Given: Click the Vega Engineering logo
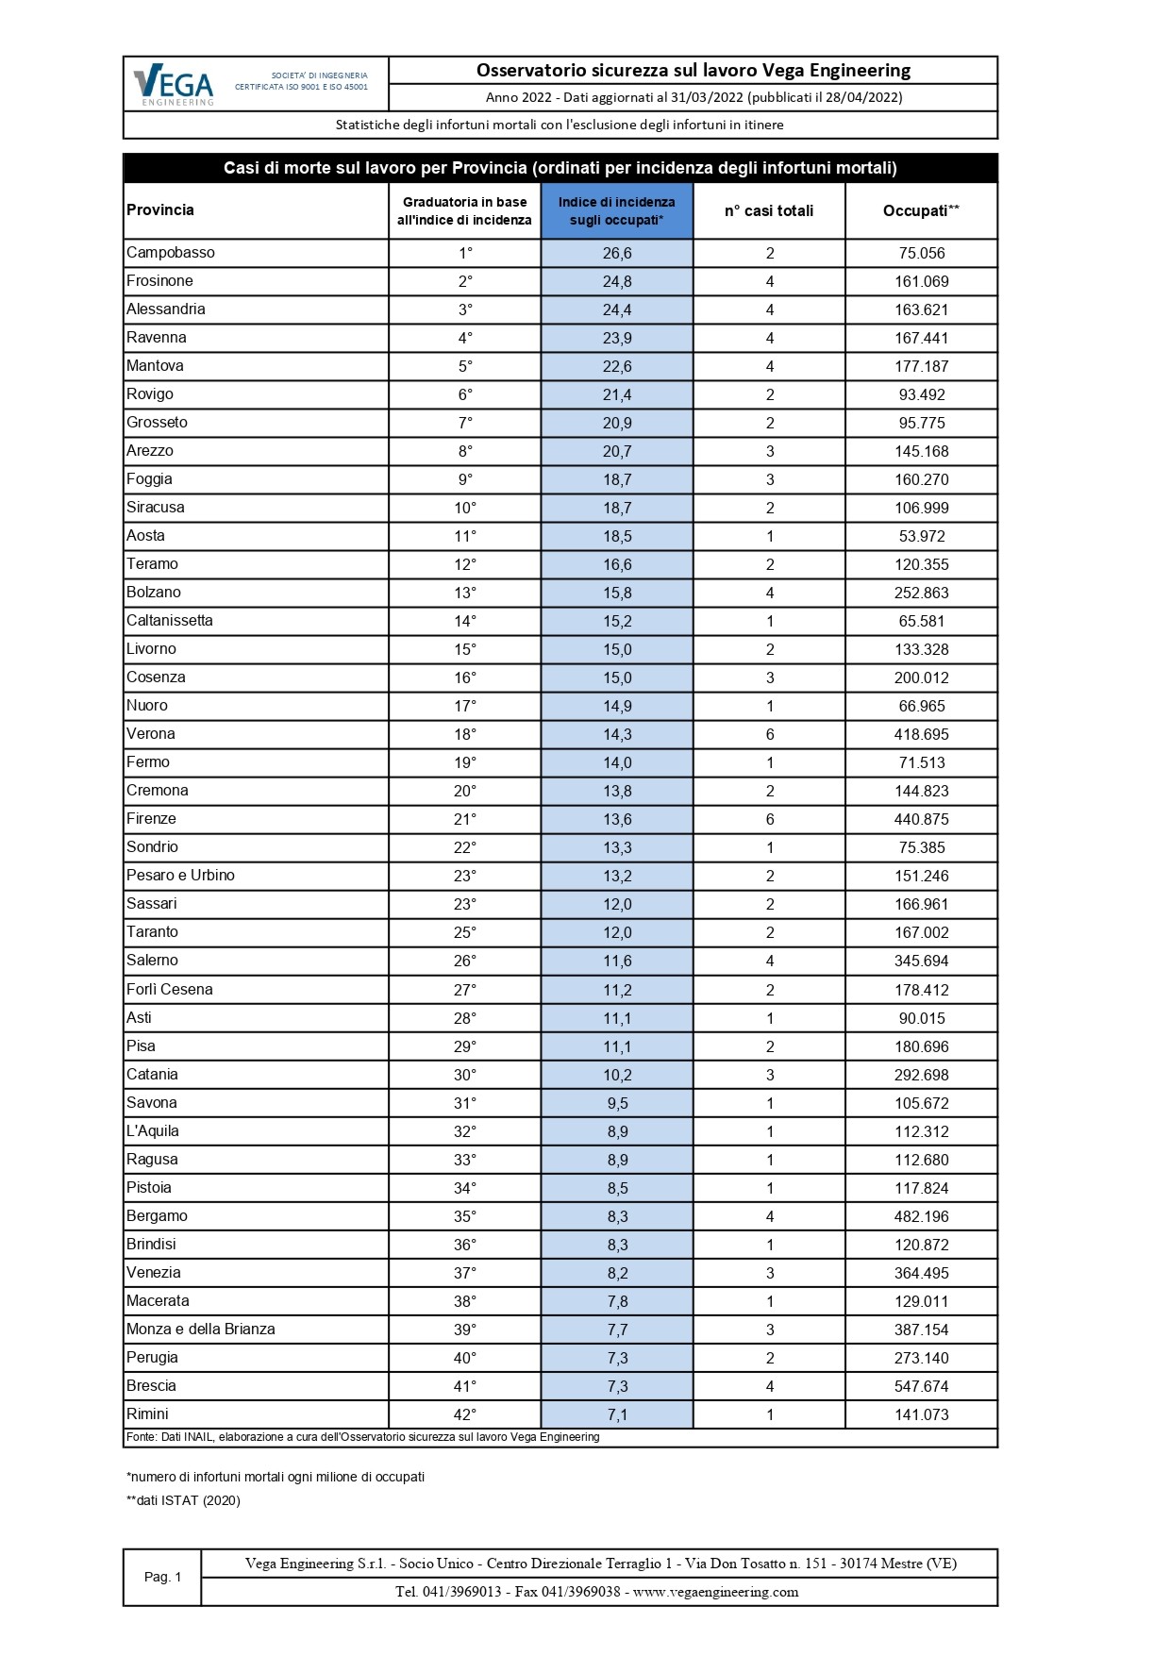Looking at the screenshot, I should click(x=175, y=85).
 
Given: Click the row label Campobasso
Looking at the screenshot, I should click(x=171, y=253).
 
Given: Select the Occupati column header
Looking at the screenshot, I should click(x=921, y=210).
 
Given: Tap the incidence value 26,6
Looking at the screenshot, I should click(x=617, y=253).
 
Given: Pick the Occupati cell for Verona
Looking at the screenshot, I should click(x=921, y=734).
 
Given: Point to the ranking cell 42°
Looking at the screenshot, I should click(x=464, y=1414).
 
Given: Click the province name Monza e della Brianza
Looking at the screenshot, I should click(x=201, y=1330).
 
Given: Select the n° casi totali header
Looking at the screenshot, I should click(x=769, y=210).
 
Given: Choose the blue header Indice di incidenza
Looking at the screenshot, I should click(x=617, y=210).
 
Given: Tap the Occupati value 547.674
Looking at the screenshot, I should click(x=921, y=1386).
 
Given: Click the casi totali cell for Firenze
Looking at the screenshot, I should click(x=770, y=819).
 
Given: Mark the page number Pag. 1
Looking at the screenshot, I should click(x=162, y=1577).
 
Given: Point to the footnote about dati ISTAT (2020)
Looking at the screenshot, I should click(x=184, y=1500).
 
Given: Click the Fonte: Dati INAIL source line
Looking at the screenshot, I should click(x=363, y=1437).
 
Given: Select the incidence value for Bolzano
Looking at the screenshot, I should click(x=617, y=593).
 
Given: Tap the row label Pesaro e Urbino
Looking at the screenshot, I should click(x=180, y=876).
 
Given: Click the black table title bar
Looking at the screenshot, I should click(x=560, y=168).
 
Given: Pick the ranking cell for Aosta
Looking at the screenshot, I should click(x=464, y=536).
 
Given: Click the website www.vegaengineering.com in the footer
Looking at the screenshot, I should click(x=715, y=1592).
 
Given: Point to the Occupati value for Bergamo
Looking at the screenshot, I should click(x=921, y=1216).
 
